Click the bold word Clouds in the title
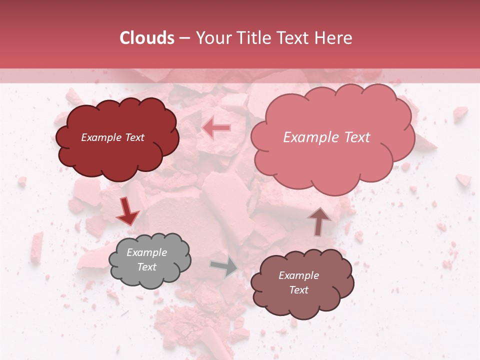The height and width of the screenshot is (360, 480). [146, 38]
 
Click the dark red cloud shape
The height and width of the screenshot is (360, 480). [117, 150]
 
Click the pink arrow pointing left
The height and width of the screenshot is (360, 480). [216, 128]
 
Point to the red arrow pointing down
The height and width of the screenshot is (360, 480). [128, 212]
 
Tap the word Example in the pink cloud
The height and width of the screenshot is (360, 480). [307, 137]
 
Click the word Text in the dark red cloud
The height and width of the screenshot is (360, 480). [133, 137]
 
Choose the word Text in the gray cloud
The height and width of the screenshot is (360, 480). [147, 267]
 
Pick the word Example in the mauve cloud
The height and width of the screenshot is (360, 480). [298, 275]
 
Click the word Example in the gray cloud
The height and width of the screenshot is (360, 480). [147, 252]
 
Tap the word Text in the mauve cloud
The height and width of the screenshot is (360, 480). [298, 290]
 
